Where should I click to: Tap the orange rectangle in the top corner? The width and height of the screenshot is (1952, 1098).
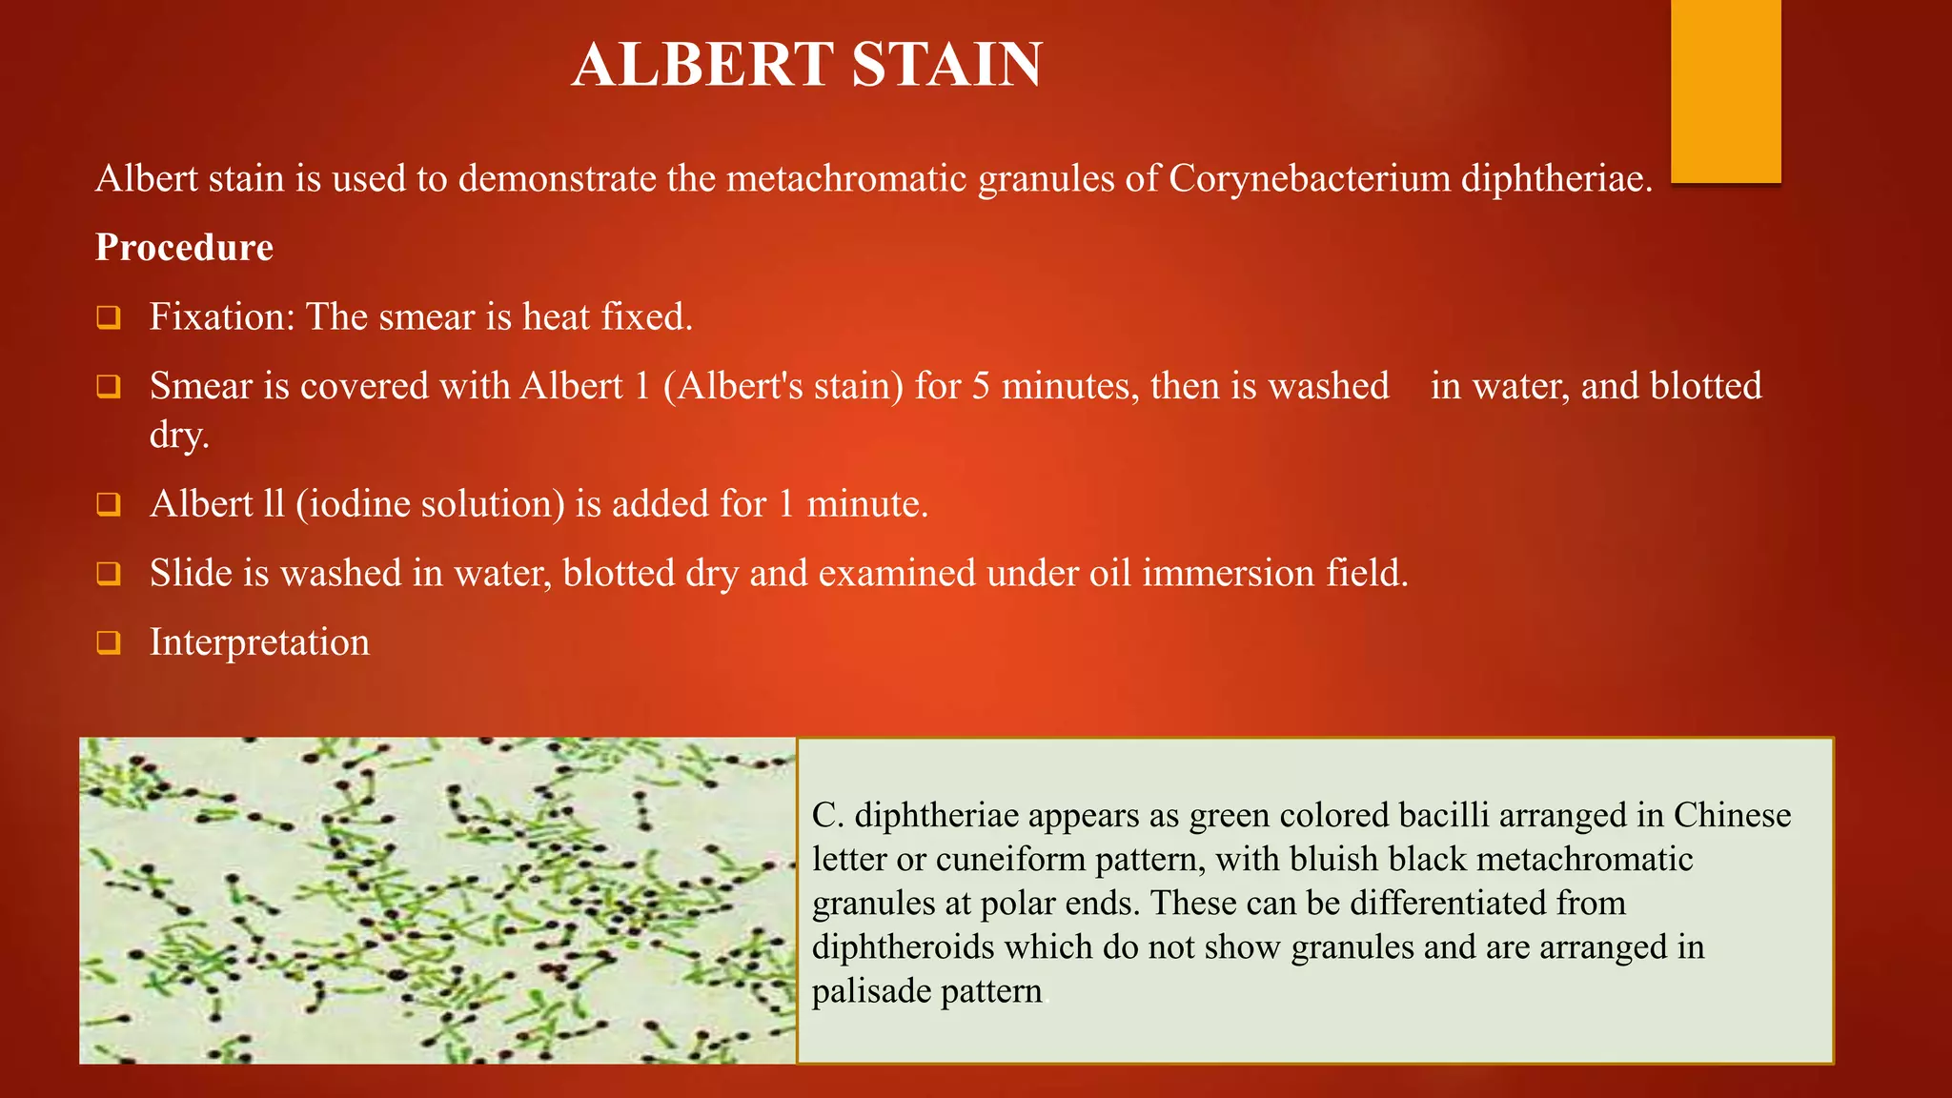(x=1725, y=91)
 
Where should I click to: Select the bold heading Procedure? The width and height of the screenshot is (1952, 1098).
(x=184, y=248)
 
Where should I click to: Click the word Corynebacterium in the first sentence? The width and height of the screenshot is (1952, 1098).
(x=1309, y=179)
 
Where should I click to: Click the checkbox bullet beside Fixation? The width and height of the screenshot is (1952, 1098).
(x=109, y=317)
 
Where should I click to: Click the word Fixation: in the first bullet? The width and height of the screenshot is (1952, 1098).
(x=222, y=316)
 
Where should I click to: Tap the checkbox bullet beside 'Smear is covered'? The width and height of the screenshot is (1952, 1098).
(x=109, y=387)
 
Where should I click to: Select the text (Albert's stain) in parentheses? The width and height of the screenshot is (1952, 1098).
(x=783, y=386)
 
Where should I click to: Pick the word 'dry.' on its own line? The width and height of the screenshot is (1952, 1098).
(x=179, y=436)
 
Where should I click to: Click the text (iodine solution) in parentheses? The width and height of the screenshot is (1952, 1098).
(x=430, y=504)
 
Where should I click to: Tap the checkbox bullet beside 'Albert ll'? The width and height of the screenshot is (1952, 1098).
(x=109, y=504)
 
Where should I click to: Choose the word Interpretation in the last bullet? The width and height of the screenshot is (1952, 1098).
(x=259, y=642)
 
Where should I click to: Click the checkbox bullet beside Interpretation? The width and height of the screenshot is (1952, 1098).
(x=109, y=642)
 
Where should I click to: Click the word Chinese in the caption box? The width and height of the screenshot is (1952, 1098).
(x=1732, y=816)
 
